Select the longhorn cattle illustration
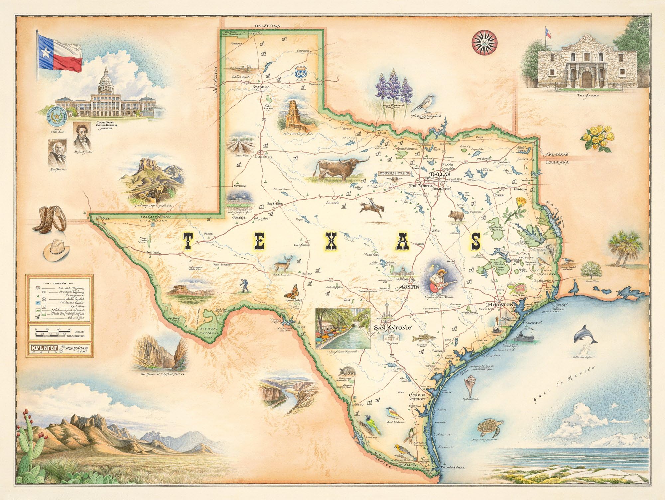[339, 168]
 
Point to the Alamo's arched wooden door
[587, 78]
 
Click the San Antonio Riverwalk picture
[342, 328]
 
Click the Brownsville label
[452, 467]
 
